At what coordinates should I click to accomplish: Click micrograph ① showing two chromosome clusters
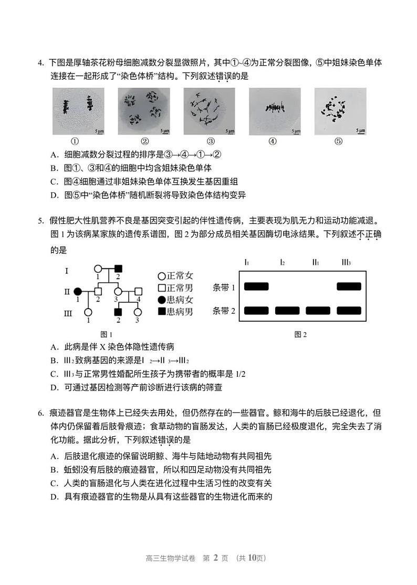[x=74, y=111]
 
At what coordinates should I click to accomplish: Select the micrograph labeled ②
[x=144, y=111]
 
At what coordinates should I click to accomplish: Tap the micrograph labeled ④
[x=274, y=111]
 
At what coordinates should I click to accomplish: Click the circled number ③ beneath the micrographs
[x=210, y=141]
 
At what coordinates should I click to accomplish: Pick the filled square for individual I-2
[x=118, y=268]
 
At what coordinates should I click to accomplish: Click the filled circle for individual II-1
[x=78, y=291]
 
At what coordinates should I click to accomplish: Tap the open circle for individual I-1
[x=98, y=268]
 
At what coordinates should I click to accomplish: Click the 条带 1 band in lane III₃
[x=349, y=286]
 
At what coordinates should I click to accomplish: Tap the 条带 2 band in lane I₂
[x=287, y=310]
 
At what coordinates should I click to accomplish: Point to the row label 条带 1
[x=224, y=287]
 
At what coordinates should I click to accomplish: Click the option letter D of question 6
[x=54, y=496]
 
